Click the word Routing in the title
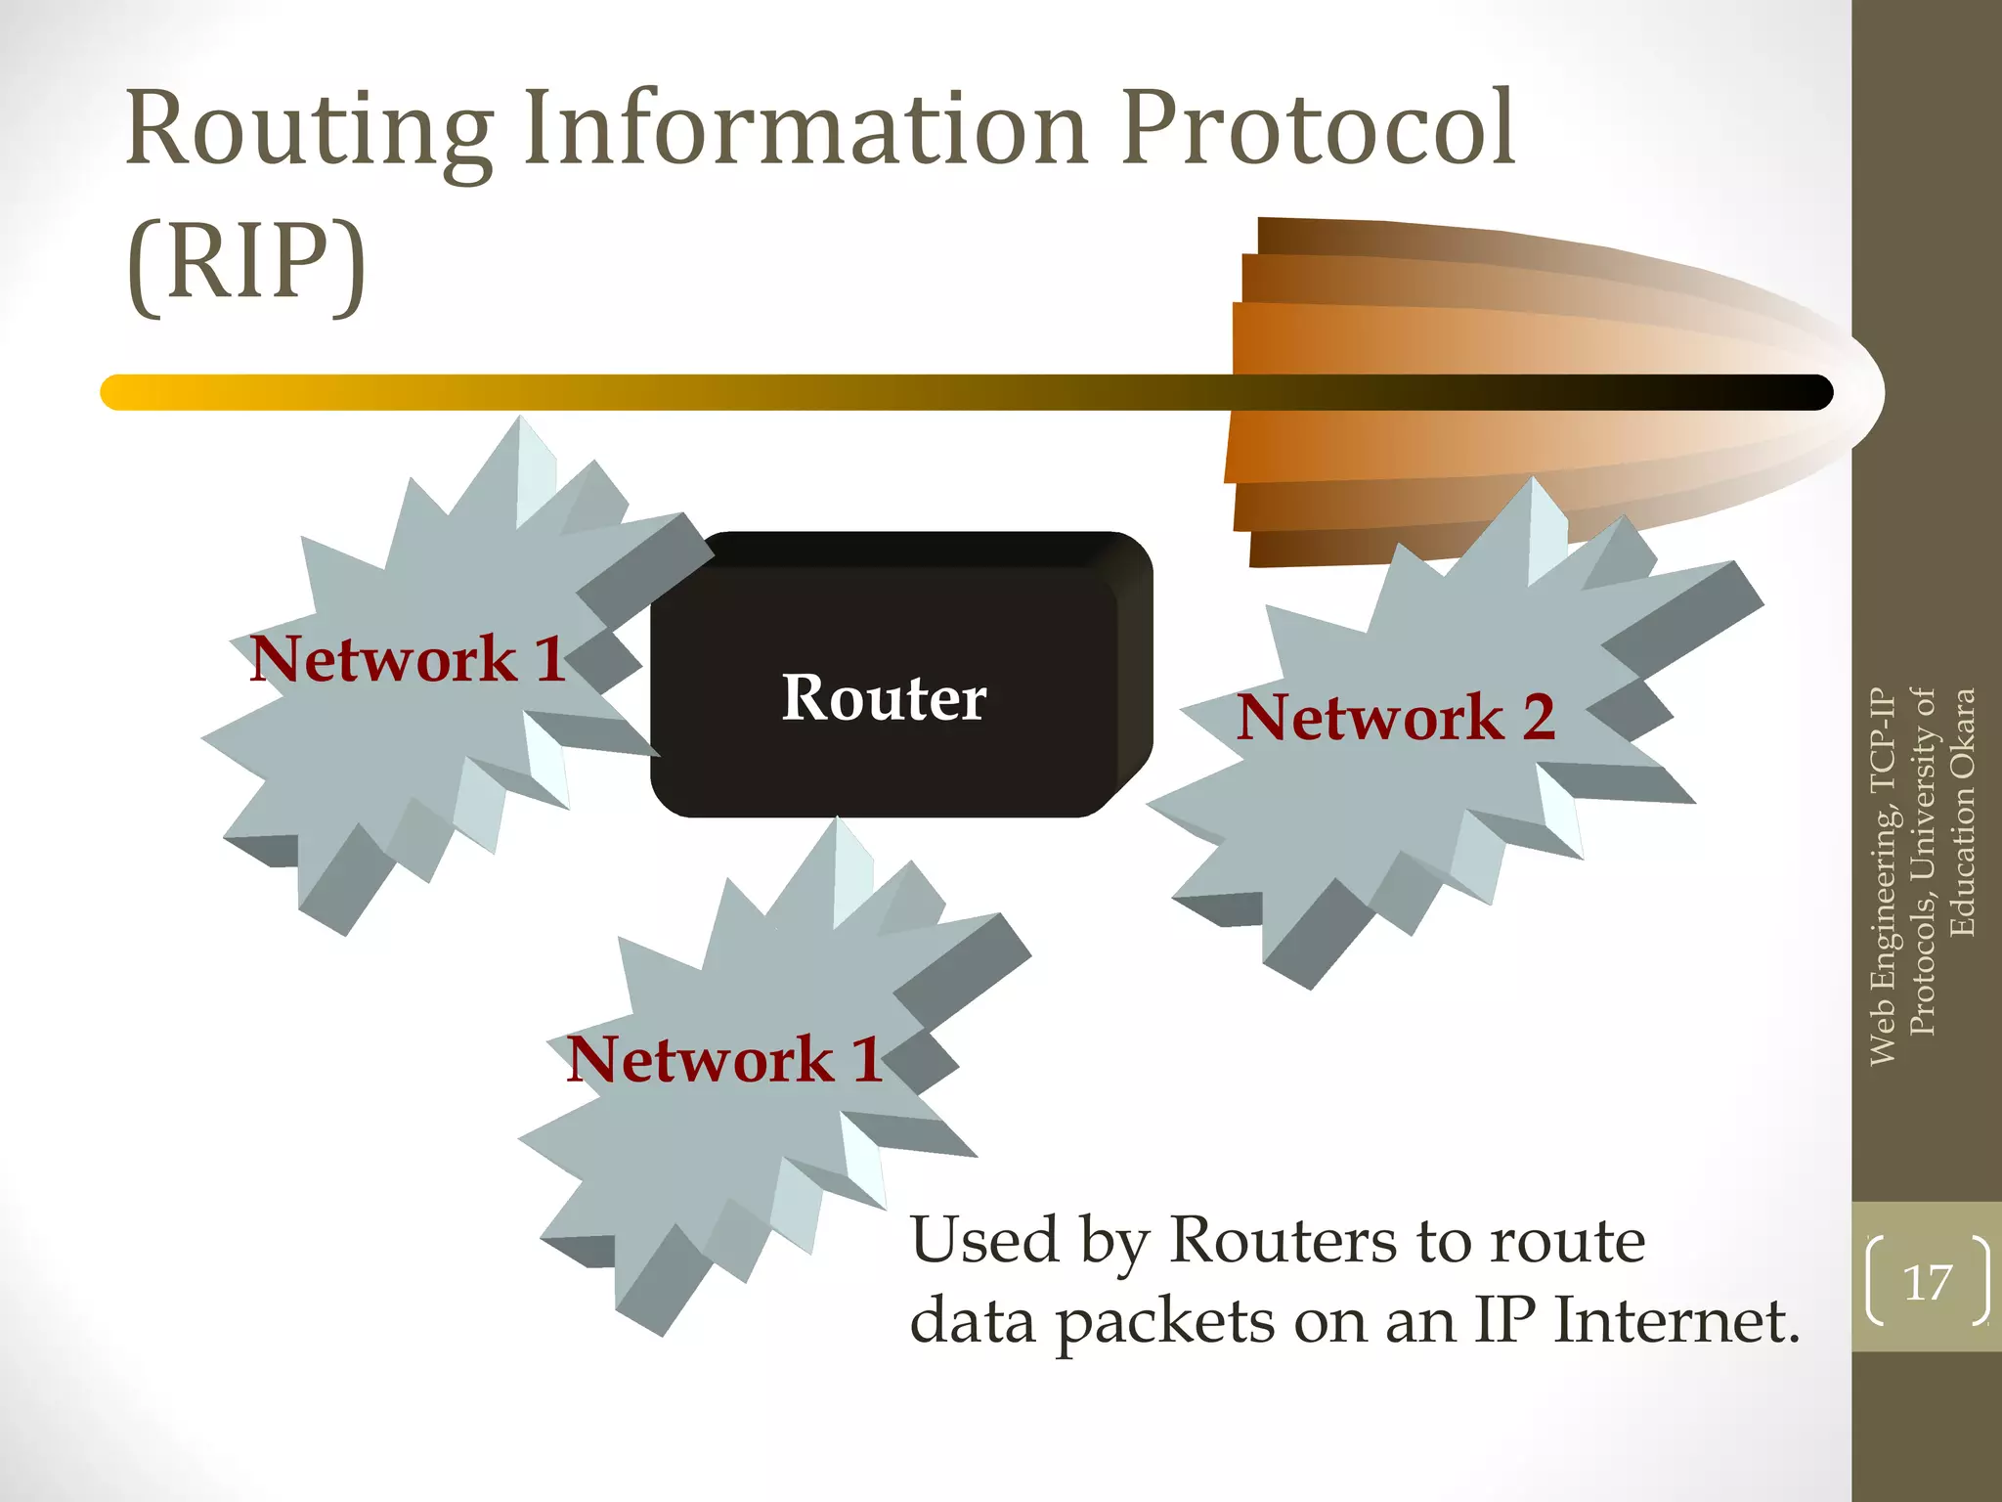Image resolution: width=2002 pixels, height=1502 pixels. (x=309, y=132)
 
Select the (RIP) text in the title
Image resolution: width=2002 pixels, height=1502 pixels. (x=246, y=262)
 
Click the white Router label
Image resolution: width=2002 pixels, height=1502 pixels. (x=884, y=698)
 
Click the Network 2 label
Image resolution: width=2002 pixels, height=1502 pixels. (x=1395, y=717)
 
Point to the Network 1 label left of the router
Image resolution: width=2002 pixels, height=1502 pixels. (x=407, y=658)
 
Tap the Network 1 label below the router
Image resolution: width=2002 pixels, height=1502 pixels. (x=724, y=1059)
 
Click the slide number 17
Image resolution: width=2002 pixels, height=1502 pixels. (x=1927, y=1282)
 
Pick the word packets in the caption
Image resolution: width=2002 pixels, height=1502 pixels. (x=1166, y=1322)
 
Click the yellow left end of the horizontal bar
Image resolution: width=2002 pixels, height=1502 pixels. (x=122, y=392)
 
